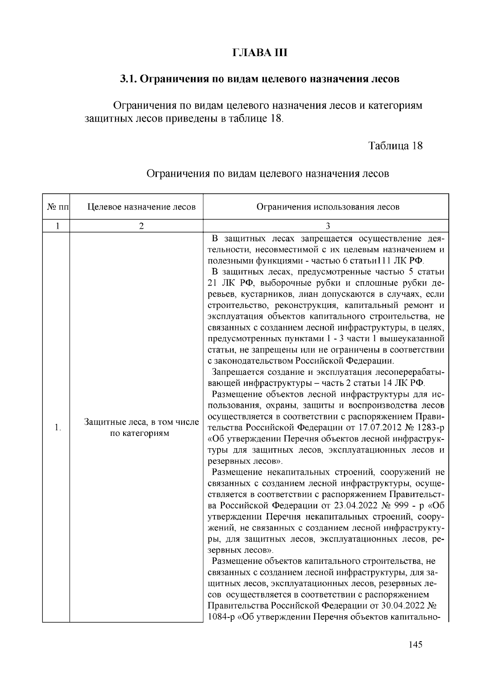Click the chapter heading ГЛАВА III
pyautogui.click(x=260, y=53)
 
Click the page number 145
pyautogui.click(x=416, y=645)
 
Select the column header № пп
pyautogui.click(x=57, y=207)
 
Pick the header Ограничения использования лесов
pyautogui.click(x=327, y=207)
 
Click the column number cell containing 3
pyautogui.click(x=327, y=226)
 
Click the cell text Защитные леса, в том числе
pyautogui.click(x=142, y=422)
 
